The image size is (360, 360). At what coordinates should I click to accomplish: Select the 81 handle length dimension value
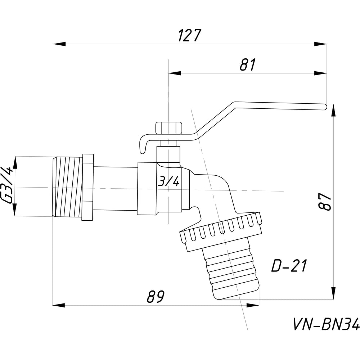tap(247, 65)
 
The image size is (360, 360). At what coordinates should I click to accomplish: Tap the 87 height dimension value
tap(325, 202)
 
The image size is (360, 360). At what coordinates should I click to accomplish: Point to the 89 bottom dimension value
tap(156, 297)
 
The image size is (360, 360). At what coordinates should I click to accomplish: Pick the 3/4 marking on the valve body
tap(168, 181)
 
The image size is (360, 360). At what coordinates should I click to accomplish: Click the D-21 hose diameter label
tap(289, 266)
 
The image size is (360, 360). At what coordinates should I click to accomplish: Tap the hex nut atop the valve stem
tap(168, 127)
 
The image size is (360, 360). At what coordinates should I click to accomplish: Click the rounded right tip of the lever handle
tap(324, 106)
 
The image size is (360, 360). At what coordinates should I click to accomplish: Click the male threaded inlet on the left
tap(67, 186)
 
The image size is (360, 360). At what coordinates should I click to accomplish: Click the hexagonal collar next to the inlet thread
tap(88, 187)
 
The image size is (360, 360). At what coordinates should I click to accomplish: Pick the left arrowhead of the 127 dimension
tap(59, 44)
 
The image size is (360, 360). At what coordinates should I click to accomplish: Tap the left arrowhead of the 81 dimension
tap(175, 73)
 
